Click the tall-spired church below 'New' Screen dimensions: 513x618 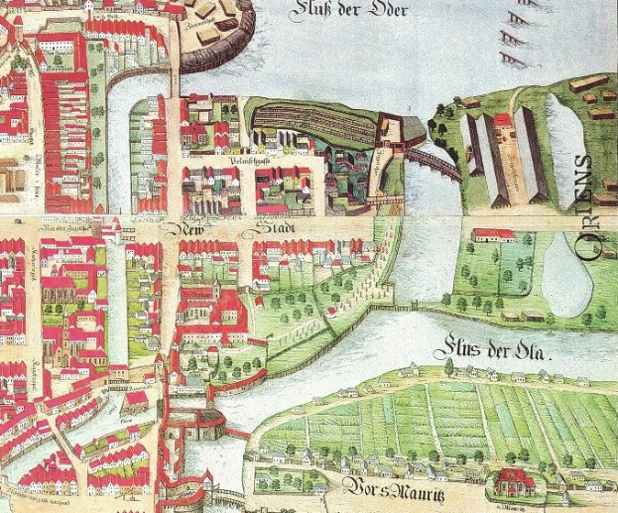[x=119, y=238]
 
